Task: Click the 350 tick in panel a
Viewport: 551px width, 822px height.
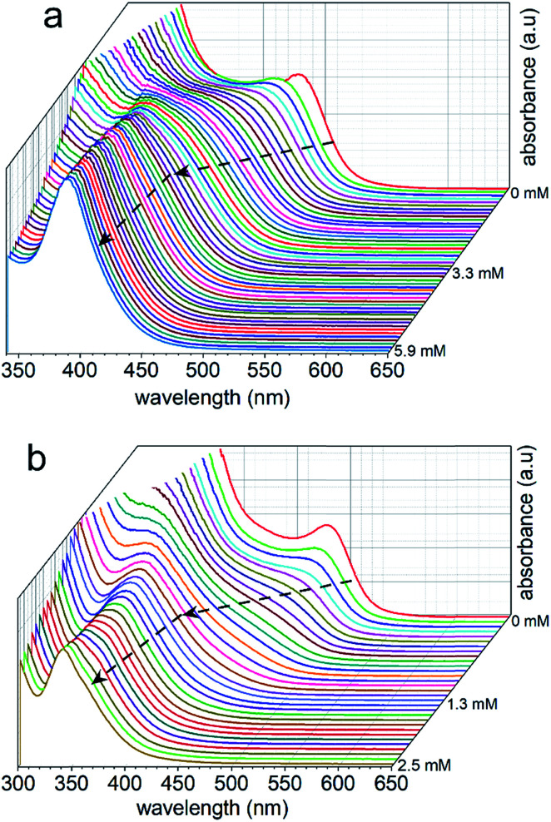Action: (19, 371)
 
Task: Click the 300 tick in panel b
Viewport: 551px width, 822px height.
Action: (19, 787)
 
